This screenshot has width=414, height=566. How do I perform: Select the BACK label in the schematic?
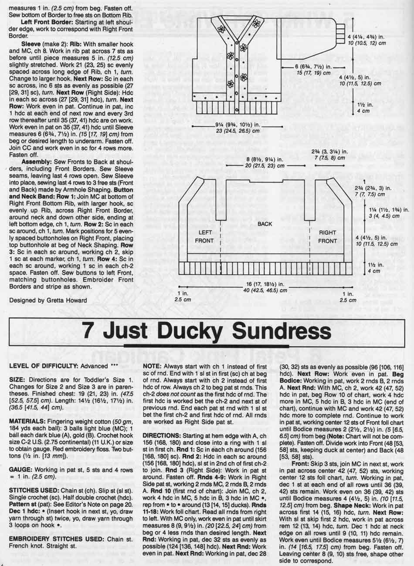[265, 224]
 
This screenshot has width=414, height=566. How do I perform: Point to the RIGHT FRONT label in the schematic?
[327, 236]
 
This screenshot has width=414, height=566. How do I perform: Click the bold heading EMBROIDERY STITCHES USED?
[54, 539]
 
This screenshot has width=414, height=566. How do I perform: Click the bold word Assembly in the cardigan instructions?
[35, 161]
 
